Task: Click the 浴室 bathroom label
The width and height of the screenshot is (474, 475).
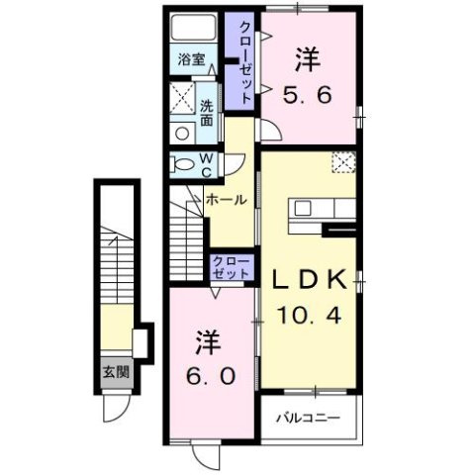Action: tap(192, 58)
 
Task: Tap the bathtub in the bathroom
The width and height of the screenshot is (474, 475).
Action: tap(192, 28)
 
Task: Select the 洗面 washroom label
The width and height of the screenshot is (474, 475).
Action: tap(207, 113)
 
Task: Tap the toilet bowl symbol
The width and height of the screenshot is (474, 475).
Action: tap(182, 162)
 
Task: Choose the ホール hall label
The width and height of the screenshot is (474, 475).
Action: tap(227, 199)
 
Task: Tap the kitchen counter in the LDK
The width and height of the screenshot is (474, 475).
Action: tap(323, 209)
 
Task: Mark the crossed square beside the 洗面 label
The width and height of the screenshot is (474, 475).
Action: tap(182, 99)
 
